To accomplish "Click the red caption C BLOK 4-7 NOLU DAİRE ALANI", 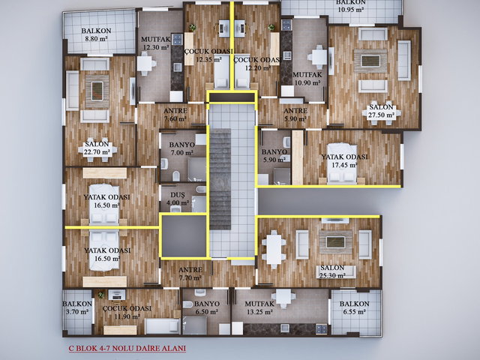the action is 127,348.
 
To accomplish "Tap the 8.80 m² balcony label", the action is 97,35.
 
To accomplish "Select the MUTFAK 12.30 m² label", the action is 155,43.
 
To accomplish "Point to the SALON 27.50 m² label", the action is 382,111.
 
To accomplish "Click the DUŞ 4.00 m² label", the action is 178,199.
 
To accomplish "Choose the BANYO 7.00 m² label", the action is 181,148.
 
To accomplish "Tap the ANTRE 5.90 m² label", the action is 295,115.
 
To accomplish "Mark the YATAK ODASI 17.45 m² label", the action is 344,160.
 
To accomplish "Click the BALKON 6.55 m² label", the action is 355,307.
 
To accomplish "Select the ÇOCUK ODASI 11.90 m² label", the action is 127,312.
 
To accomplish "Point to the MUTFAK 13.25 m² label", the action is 259,307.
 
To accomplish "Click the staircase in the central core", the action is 220,179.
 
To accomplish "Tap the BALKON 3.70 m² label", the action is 77,307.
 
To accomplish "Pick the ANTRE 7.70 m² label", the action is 190,274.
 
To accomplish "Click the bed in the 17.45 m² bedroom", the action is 342,164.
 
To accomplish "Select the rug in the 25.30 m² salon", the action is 335,241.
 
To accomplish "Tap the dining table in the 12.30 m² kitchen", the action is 145,64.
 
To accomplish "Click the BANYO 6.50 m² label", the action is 207,307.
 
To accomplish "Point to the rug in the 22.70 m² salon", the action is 97,91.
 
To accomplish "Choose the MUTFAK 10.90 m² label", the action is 307,78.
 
